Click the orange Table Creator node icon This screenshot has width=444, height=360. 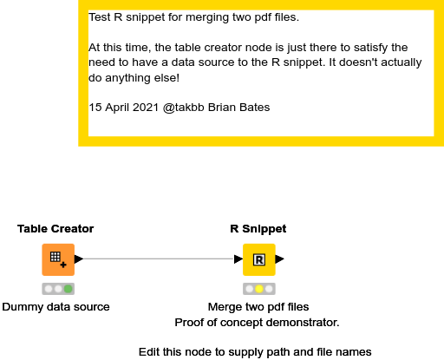pos(58,259)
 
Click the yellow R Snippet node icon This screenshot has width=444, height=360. pos(259,259)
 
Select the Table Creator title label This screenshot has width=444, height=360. pos(55,229)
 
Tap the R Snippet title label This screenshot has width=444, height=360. pos(258,229)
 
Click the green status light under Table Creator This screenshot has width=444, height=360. pos(68,289)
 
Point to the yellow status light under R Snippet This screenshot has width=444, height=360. pos(259,289)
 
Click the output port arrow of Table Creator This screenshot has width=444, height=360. pos(79,259)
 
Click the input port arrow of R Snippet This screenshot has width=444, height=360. pos(238,259)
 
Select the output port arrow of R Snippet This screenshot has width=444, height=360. pos(280,259)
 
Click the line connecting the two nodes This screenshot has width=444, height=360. pos(159,259)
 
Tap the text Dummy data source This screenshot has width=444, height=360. pos(55,307)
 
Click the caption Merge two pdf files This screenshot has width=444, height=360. pos(258,307)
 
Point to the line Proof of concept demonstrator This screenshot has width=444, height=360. pos(257,323)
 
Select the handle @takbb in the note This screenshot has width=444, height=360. pos(184,108)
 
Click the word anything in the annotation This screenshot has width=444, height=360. pos(127,78)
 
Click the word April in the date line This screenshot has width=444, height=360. pos(118,108)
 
